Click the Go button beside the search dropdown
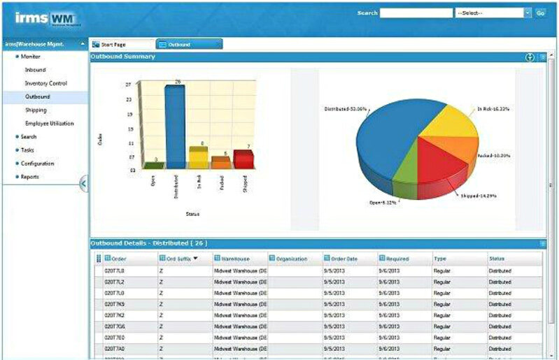click(x=540, y=13)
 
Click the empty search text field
click(x=416, y=13)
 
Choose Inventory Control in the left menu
click(x=46, y=83)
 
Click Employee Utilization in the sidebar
click(x=49, y=123)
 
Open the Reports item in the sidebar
click(x=30, y=177)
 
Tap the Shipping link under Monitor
click(x=36, y=110)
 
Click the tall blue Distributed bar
click(x=176, y=126)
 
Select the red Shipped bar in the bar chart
click(x=243, y=159)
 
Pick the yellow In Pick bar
click(x=198, y=157)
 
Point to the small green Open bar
click(x=155, y=165)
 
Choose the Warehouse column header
click(x=235, y=259)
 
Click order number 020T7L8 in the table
click(x=114, y=271)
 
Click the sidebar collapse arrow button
click(x=83, y=183)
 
